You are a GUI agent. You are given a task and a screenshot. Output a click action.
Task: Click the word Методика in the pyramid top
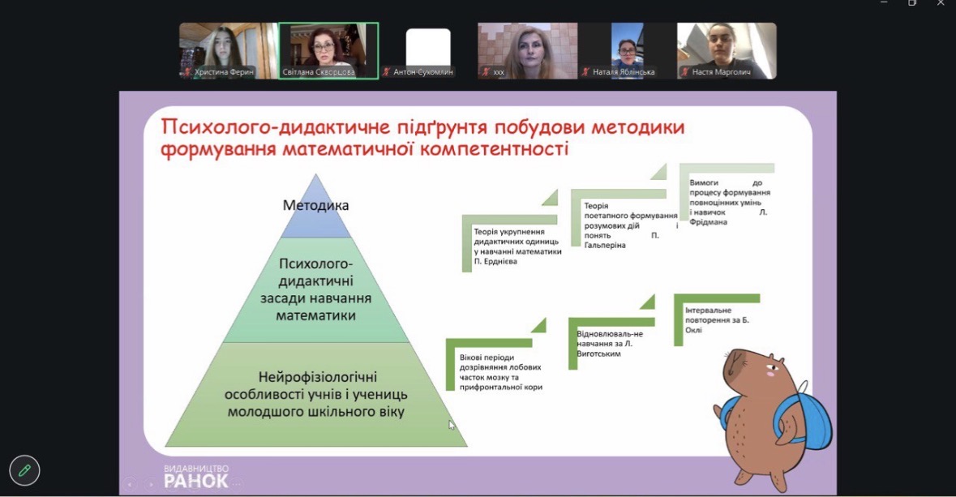[315, 205]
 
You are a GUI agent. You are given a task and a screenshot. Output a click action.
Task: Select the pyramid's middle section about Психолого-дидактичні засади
[315, 290]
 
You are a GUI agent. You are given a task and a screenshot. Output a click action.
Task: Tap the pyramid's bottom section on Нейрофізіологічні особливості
[315, 395]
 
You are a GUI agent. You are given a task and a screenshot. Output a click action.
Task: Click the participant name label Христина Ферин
[224, 72]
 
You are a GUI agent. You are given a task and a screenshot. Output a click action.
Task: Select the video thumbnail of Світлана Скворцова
[328, 50]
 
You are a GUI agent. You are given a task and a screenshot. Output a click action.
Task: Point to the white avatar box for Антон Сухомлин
[428, 48]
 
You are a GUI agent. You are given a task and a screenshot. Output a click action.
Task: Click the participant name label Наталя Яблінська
[623, 72]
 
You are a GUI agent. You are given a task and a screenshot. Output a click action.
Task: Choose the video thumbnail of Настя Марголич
[727, 50]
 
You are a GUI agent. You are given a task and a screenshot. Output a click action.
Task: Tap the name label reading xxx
[499, 72]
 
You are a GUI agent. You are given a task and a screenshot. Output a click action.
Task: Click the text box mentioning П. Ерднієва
[517, 246]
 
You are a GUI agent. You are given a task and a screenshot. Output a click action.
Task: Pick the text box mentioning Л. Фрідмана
[728, 202]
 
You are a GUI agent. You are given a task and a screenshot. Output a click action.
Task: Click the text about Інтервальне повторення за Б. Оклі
[717, 320]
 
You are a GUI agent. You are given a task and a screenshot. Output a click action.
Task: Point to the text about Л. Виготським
[610, 343]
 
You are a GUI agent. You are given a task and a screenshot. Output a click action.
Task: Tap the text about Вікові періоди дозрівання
[500, 372]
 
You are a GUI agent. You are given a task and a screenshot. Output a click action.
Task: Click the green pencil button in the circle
[24, 470]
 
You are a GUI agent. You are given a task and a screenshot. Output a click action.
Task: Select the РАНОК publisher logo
[195, 477]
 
